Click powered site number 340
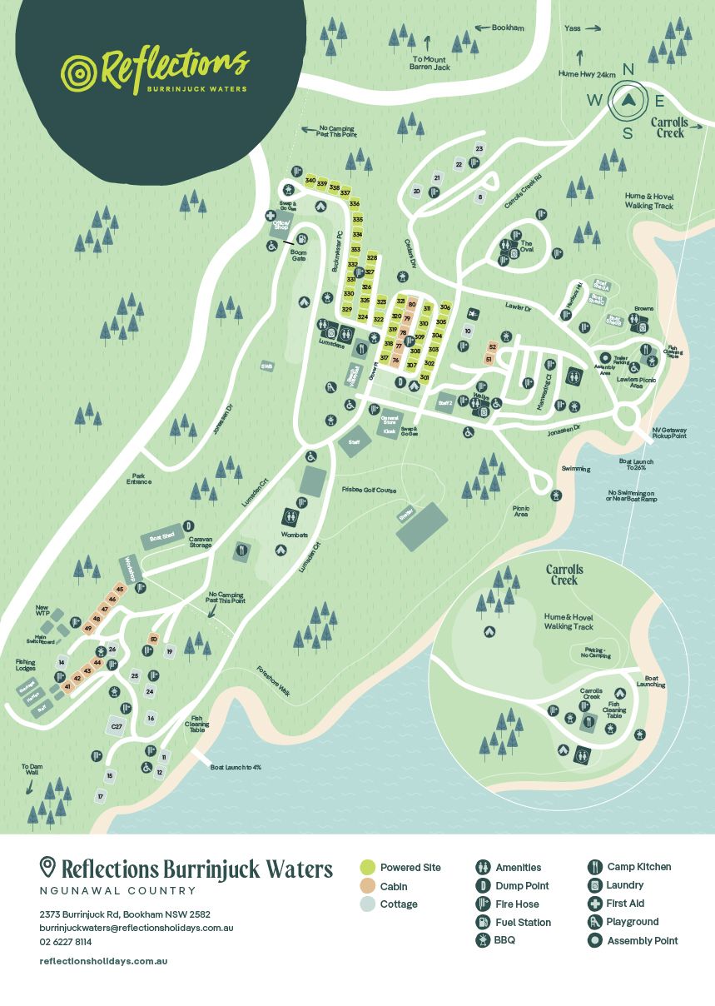click(310, 181)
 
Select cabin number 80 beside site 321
click(411, 305)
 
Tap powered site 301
click(424, 377)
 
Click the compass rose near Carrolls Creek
click(628, 102)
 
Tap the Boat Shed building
click(163, 537)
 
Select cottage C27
click(117, 727)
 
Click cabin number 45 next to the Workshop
click(120, 590)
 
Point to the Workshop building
click(130, 570)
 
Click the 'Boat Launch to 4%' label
click(236, 767)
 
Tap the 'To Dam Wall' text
click(32, 769)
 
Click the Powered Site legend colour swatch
click(366, 868)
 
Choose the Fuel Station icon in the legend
click(482, 922)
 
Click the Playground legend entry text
click(632, 922)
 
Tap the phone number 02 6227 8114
click(66, 942)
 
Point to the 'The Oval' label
click(527, 247)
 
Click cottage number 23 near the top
click(479, 149)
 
